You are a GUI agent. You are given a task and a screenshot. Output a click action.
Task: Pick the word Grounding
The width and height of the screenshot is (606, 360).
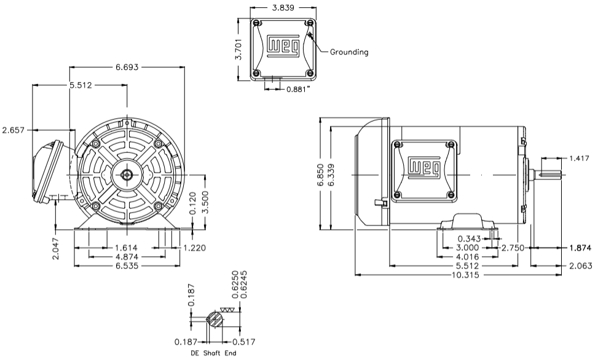click(349, 52)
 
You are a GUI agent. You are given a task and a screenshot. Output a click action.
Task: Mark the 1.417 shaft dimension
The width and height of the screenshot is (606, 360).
click(578, 158)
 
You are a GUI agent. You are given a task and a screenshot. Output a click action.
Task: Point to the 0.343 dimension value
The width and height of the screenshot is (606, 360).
click(470, 238)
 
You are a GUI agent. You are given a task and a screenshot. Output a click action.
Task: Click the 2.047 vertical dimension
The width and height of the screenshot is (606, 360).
click(57, 248)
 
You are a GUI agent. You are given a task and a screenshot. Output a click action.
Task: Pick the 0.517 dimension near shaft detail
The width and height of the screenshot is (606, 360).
click(244, 342)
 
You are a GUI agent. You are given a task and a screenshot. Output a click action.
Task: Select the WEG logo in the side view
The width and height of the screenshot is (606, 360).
click(424, 167)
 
